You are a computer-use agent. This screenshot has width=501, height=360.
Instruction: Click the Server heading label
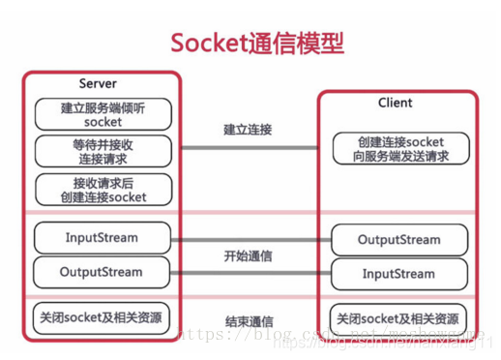[x=98, y=84]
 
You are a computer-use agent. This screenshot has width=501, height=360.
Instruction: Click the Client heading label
[x=395, y=103]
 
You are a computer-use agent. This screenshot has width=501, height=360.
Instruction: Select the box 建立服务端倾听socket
[x=103, y=114]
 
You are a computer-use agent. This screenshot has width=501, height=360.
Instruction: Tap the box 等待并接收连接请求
[x=103, y=151]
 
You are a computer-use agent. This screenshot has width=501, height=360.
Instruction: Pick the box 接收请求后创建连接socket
[x=103, y=189]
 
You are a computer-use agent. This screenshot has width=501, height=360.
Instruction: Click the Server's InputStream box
[x=102, y=237]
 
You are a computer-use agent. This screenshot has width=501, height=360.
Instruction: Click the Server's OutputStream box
[x=102, y=272]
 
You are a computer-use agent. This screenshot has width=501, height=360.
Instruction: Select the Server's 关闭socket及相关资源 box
[x=102, y=316]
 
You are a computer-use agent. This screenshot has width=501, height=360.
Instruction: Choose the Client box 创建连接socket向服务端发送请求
[x=399, y=148]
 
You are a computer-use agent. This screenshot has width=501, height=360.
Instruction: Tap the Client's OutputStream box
[x=398, y=240]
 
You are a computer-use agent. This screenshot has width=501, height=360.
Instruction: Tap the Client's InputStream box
[x=398, y=274]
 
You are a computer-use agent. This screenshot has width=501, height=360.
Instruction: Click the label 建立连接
[x=248, y=130]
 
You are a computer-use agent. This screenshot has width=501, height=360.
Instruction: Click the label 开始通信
[x=248, y=256]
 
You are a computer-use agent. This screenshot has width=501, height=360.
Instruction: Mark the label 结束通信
[x=248, y=320]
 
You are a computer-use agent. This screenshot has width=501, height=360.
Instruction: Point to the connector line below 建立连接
[x=248, y=148]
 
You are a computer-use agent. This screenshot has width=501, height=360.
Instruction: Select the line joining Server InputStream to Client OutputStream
[x=248, y=238]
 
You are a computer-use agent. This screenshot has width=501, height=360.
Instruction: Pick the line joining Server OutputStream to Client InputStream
[x=248, y=273]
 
